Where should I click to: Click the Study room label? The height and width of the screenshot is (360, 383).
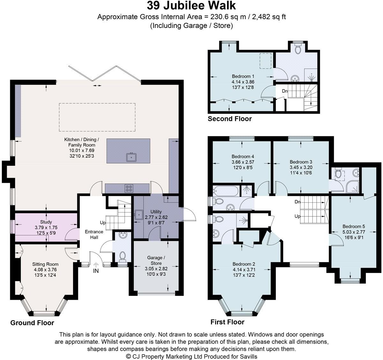(46, 222)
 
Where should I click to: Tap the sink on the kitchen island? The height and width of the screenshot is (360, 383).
(131, 157)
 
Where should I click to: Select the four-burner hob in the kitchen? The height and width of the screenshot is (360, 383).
(129, 188)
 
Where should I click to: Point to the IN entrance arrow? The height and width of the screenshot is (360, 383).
(96, 265)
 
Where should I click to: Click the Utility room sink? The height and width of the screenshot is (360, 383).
(139, 214)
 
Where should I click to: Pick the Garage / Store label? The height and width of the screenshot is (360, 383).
(156, 260)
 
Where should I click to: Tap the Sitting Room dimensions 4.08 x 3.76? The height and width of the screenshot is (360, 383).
(45, 270)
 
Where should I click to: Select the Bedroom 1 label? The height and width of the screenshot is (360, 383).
(243, 76)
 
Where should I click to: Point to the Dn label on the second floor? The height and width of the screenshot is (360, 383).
(285, 91)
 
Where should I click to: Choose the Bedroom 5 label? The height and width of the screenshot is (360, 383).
(354, 226)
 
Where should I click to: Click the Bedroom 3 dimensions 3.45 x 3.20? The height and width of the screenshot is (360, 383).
(301, 167)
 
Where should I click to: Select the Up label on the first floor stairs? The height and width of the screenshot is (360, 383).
(297, 216)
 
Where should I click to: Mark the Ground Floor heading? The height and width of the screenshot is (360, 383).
(32, 323)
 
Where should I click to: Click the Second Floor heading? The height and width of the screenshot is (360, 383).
(230, 119)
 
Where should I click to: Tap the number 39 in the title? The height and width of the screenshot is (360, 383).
(153, 6)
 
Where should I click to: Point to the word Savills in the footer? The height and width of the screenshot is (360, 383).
(249, 356)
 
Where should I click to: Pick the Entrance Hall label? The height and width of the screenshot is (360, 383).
(94, 234)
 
